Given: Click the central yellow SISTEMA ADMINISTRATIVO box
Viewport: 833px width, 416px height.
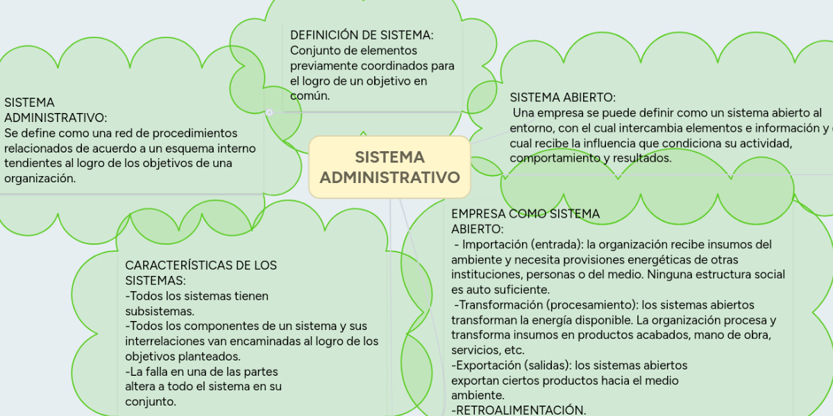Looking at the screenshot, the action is pos(389,167).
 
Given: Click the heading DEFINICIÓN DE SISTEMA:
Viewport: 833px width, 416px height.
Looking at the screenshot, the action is pos(362,35).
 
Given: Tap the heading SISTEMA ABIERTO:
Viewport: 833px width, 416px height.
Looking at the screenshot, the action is pos(563,98).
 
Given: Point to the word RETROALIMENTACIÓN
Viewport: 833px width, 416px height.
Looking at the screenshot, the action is pos(519,410).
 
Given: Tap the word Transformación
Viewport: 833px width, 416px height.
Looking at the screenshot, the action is pos(500,305).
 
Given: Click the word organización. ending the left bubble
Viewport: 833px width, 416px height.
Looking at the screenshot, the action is pos(40,179).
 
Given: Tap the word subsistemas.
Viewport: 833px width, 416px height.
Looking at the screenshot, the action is pos(160,311).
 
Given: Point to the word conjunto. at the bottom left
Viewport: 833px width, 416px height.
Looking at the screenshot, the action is pos(151,402).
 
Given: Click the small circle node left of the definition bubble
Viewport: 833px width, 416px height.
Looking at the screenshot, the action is pos(269,112).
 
